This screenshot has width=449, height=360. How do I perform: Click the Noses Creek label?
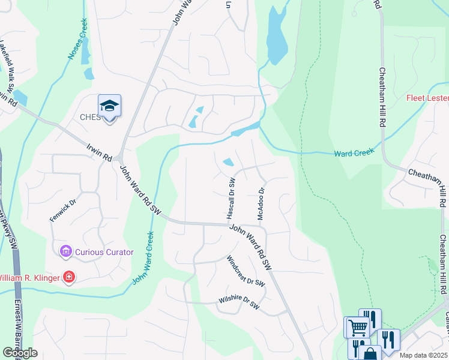[x=78, y=40]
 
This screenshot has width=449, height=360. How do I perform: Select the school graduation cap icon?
[x=110, y=106]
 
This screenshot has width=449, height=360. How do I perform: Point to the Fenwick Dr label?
[x=64, y=211]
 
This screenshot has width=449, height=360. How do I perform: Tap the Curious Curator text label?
[x=104, y=252]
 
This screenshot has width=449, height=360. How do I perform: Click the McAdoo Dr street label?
[x=262, y=204]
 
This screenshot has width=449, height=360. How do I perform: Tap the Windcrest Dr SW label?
[x=246, y=271]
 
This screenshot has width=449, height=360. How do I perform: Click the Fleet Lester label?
[x=427, y=98]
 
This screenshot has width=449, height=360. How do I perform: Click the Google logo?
[x=20, y=353]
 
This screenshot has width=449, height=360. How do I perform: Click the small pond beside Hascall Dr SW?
[x=229, y=162]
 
